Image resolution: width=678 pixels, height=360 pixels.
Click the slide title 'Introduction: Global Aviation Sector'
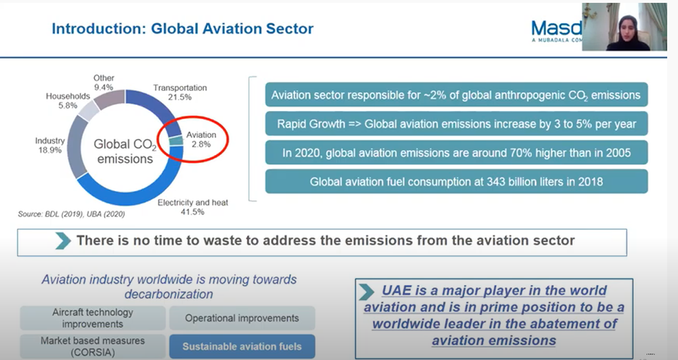[x=182, y=28]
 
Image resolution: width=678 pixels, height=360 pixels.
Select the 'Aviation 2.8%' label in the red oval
[x=201, y=140]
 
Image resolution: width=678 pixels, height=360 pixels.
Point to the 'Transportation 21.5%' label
[x=180, y=92]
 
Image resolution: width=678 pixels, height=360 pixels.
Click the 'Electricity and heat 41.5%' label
[x=192, y=207]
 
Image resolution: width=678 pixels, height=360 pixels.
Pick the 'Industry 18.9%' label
[x=50, y=145]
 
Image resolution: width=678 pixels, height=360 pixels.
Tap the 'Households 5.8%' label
[x=68, y=101]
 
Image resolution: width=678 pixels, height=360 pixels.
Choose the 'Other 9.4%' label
[x=104, y=83]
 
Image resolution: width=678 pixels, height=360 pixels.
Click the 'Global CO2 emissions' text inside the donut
[x=125, y=152]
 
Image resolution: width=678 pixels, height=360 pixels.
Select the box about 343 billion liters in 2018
[x=456, y=182]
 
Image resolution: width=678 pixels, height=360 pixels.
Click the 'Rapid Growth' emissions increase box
[x=456, y=124]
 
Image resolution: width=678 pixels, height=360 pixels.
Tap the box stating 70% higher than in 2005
[x=456, y=153]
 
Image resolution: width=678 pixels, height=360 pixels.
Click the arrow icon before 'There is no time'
[x=63, y=241]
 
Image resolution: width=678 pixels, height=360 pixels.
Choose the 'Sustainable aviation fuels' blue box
[x=241, y=346]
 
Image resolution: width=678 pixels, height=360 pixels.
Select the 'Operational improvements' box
[x=241, y=318]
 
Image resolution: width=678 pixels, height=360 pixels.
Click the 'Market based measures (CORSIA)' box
[x=93, y=346]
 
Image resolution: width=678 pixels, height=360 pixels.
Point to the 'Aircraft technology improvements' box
[x=93, y=318]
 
